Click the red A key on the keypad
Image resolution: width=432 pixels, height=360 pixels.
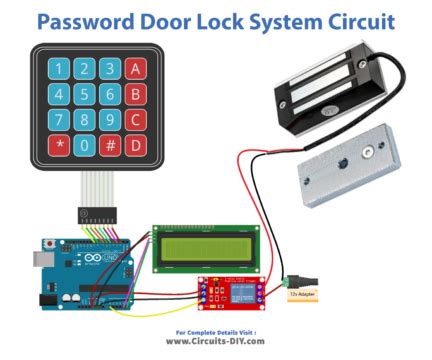click(137, 69)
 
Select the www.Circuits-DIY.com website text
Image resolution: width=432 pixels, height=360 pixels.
click(215, 341)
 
